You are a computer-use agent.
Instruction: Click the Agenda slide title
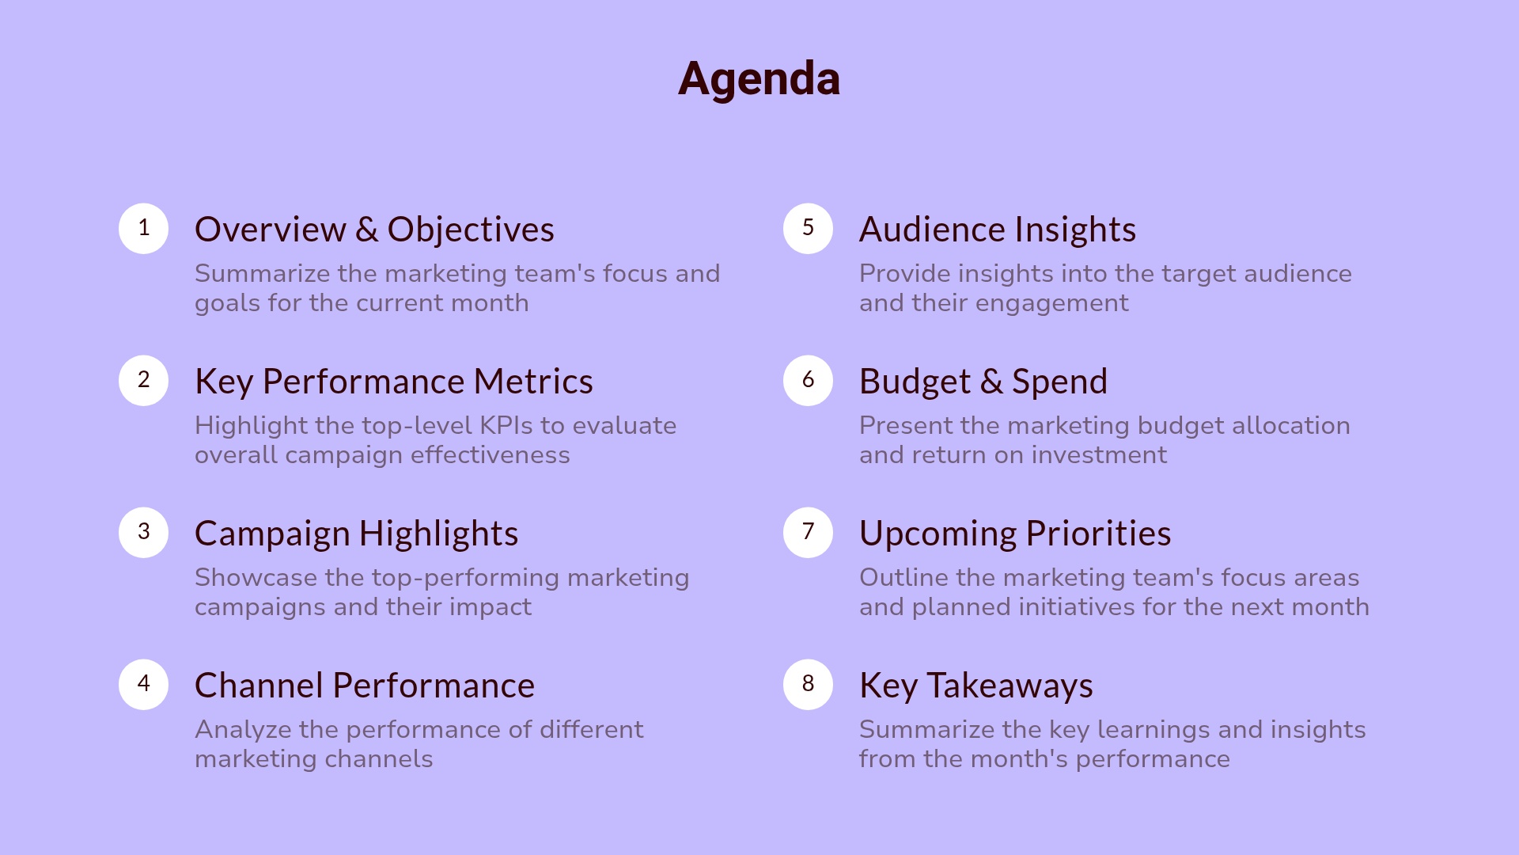tap(759, 79)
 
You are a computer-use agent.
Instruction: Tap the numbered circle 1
tap(143, 229)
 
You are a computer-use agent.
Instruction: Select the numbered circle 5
tap(808, 229)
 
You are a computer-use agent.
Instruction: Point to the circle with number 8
tap(808, 685)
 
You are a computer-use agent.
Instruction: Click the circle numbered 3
tap(143, 533)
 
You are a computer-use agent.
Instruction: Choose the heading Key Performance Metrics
tap(393, 382)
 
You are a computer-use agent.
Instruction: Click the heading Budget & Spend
tap(983, 382)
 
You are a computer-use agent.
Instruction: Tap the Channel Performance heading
tap(364, 686)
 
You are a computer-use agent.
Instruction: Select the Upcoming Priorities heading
tap(1014, 534)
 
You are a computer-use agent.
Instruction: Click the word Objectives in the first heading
tap(471, 230)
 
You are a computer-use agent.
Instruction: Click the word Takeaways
tap(1010, 686)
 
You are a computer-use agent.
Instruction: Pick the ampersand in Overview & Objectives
tap(366, 230)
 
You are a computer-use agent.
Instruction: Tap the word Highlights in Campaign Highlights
tap(438, 534)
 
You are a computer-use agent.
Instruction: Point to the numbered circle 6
tap(808, 381)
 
